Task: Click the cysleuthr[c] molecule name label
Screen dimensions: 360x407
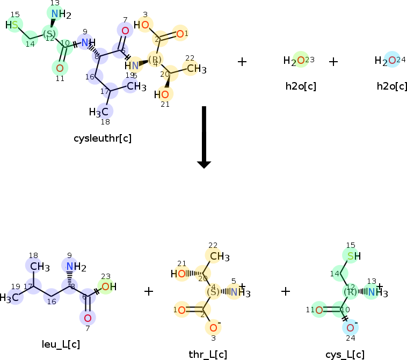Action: click(x=103, y=138)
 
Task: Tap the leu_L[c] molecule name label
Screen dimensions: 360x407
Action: click(x=61, y=344)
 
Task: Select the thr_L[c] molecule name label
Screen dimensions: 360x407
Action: click(x=208, y=354)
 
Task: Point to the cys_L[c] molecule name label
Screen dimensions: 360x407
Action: click(x=345, y=354)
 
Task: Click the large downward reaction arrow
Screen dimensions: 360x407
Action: click(x=204, y=137)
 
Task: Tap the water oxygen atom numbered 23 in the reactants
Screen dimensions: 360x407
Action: click(x=301, y=61)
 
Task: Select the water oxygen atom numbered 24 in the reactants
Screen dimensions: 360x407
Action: click(x=392, y=61)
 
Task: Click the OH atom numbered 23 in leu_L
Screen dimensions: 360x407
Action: click(x=105, y=286)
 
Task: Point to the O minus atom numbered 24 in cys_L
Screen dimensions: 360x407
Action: click(x=350, y=327)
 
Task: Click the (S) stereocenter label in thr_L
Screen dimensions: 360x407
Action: click(x=213, y=292)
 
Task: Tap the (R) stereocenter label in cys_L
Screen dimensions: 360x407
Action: click(x=350, y=292)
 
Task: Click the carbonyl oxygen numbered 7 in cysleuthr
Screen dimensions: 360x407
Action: click(x=125, y=31)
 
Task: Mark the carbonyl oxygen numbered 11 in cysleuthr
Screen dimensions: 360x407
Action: click(x=60, y=68)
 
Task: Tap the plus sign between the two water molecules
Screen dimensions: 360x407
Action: click(x=333, y=62)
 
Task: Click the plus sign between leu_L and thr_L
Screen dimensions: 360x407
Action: click(x=149, y=291)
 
